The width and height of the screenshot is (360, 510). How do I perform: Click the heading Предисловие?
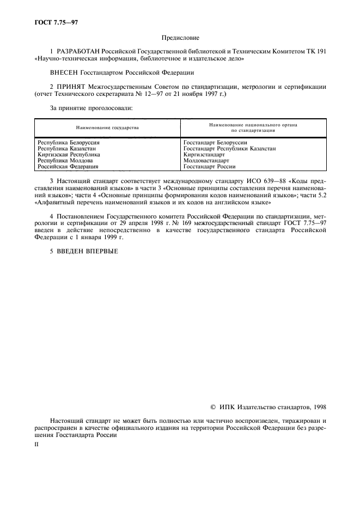click(180, 38)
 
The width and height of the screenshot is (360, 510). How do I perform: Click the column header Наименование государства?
click(108, 128)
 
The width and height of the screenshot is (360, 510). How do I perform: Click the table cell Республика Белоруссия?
click(64, 143)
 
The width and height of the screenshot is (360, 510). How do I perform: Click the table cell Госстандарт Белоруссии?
click(216, 143)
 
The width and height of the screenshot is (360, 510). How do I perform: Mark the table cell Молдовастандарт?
click(206, 161)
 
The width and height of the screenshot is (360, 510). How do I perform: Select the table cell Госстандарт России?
click(210, 167)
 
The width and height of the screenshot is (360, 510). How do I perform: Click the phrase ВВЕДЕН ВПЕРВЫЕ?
click(87, 251)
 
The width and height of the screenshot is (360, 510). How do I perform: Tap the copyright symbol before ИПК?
click(213, 407)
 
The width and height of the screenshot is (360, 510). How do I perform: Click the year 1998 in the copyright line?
click(318, 407)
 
